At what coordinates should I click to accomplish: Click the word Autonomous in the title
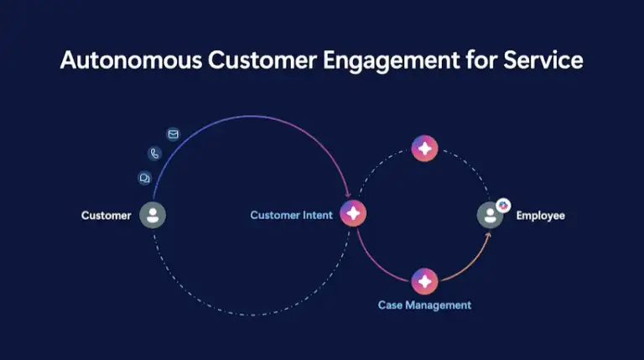pos(131,60)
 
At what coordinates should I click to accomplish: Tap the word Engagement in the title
pos(391,61)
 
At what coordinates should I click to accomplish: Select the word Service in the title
pos(543,60)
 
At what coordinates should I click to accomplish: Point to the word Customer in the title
pos(262,60)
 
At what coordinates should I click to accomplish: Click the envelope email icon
pos(174,134)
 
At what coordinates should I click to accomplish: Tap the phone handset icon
pos(154,154)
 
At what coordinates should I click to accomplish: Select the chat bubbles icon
pos(144,178)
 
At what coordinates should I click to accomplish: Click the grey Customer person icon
pos(153,215)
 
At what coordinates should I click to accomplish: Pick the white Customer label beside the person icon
pos(106,216)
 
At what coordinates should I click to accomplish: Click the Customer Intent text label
pos(291,215)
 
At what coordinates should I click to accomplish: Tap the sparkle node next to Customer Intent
pos(353,213)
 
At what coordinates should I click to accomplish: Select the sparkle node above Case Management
pos(424,281)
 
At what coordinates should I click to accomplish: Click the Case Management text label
pos(424,305)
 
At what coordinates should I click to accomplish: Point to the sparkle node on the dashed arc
pos(424,149)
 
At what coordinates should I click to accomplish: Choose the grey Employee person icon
pos(490,215)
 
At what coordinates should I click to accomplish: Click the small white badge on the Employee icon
pos(503,206)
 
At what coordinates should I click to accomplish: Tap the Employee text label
pos(541,216)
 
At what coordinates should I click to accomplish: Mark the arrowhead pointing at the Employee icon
pos(488,236)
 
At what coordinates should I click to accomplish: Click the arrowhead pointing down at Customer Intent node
pos(348,194)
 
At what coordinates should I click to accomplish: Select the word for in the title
pos(481,60)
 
